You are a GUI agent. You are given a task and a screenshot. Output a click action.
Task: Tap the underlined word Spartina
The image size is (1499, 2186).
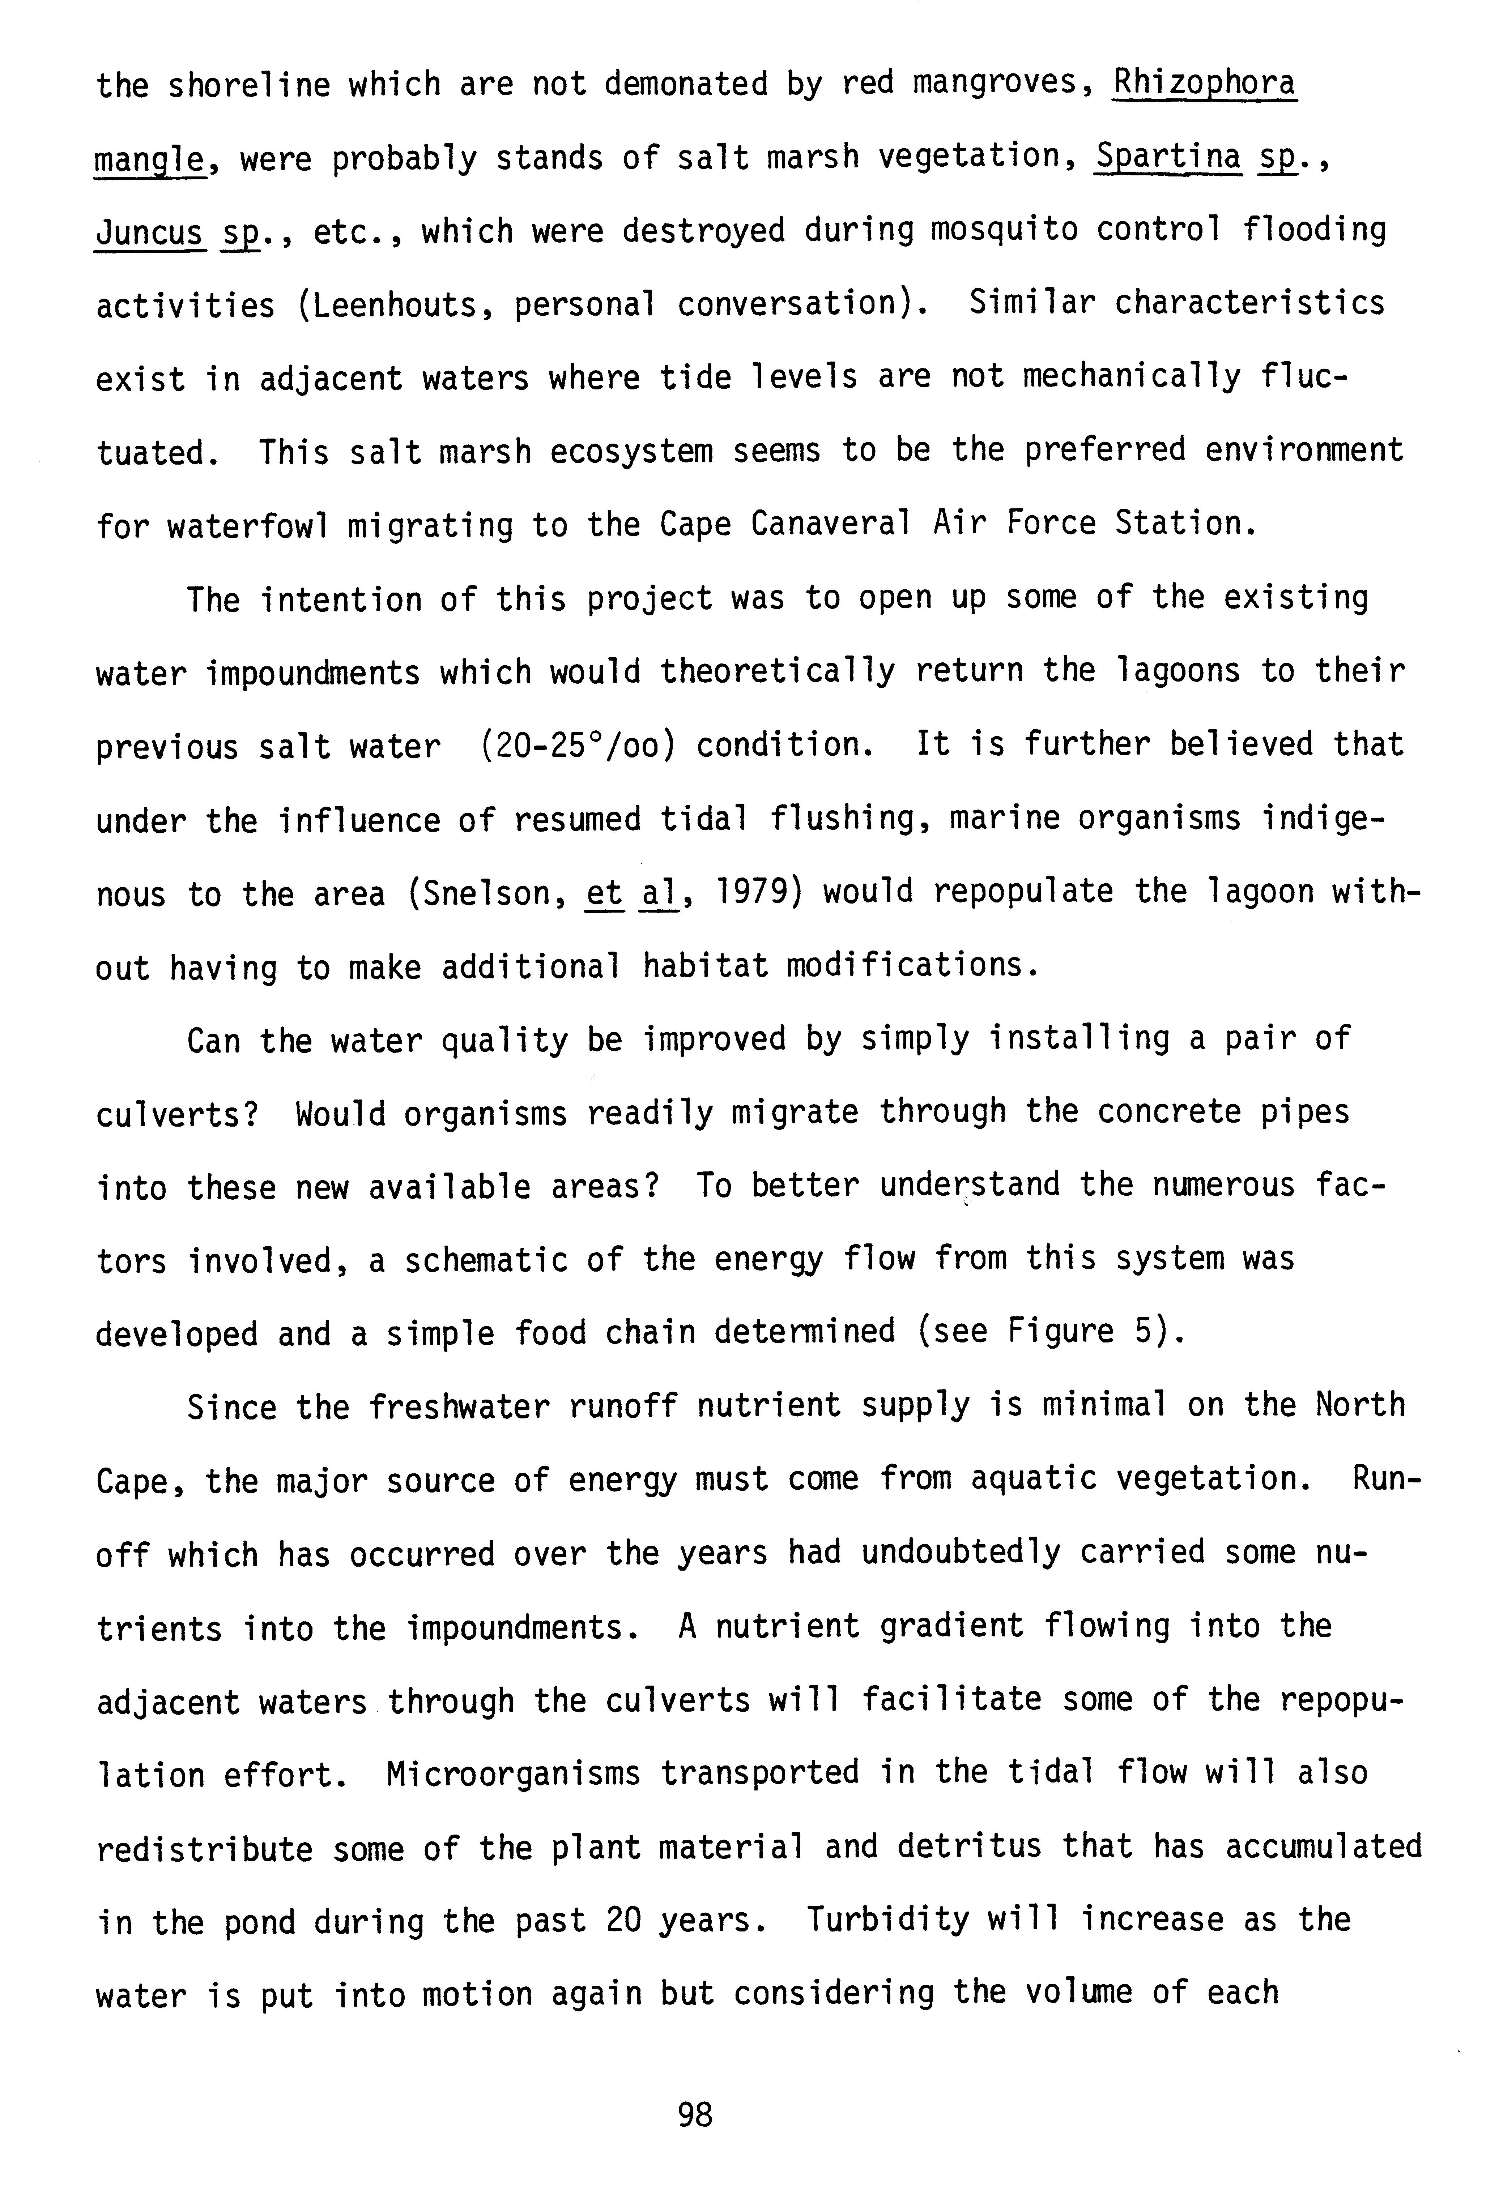(1168, 156)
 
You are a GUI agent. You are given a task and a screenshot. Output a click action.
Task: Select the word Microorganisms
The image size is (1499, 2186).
(513, 1773)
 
